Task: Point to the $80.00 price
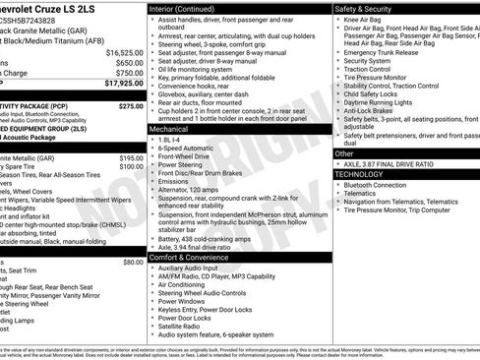(x=133, y=263)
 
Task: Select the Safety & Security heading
(x=369, y=9)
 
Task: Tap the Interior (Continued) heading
(x=190, y=9)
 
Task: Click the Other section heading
(x=344, y=153)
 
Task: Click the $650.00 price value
(x=129, y=63)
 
